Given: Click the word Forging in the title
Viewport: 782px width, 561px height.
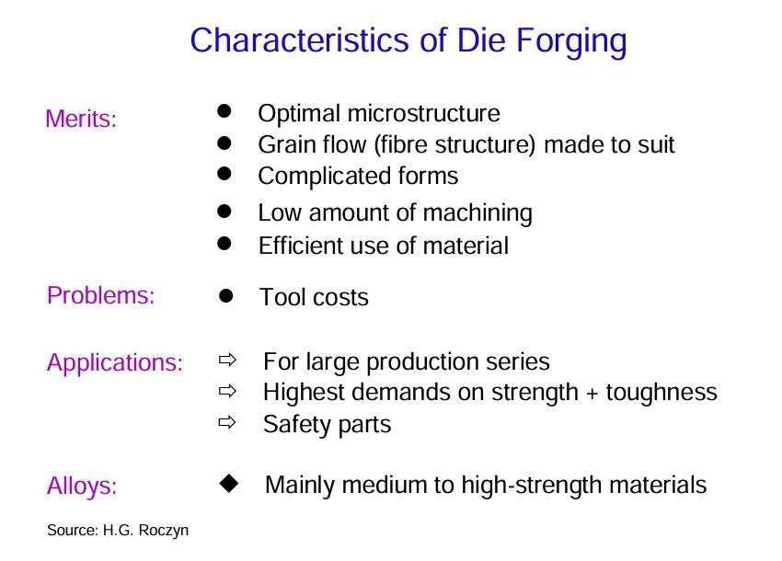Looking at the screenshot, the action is click(571, 41).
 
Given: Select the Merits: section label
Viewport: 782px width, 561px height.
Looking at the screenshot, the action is click(81, 120).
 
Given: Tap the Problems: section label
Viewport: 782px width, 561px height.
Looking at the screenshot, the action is click(101, 295).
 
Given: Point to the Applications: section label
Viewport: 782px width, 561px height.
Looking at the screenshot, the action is click(115, 363).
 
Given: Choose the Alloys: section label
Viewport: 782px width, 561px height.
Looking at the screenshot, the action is click(82, 487).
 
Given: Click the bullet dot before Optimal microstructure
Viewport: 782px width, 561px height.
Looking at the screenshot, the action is click(224, 110).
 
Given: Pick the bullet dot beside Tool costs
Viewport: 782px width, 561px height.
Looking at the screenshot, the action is click(226, 296).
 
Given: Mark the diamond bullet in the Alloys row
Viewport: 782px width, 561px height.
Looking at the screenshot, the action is click(229, 483).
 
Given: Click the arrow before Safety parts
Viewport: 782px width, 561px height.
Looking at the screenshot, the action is click(227, 423).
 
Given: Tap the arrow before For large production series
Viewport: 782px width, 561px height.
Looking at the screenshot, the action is click(227, 360).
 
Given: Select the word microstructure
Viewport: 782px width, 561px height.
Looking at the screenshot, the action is click(424, 114).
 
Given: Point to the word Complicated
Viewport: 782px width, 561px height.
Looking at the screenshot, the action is click(324, 177).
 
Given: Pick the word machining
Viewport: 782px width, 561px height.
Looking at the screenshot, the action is click(477, 213).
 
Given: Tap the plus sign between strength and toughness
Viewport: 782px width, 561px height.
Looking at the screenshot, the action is click(592, 394).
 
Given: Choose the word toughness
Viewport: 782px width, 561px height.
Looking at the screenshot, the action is click(661, 393).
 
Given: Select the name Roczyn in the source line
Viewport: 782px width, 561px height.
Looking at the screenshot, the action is click(164, 531).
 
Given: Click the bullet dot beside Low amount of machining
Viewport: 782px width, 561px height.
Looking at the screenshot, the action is click(224, 211).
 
